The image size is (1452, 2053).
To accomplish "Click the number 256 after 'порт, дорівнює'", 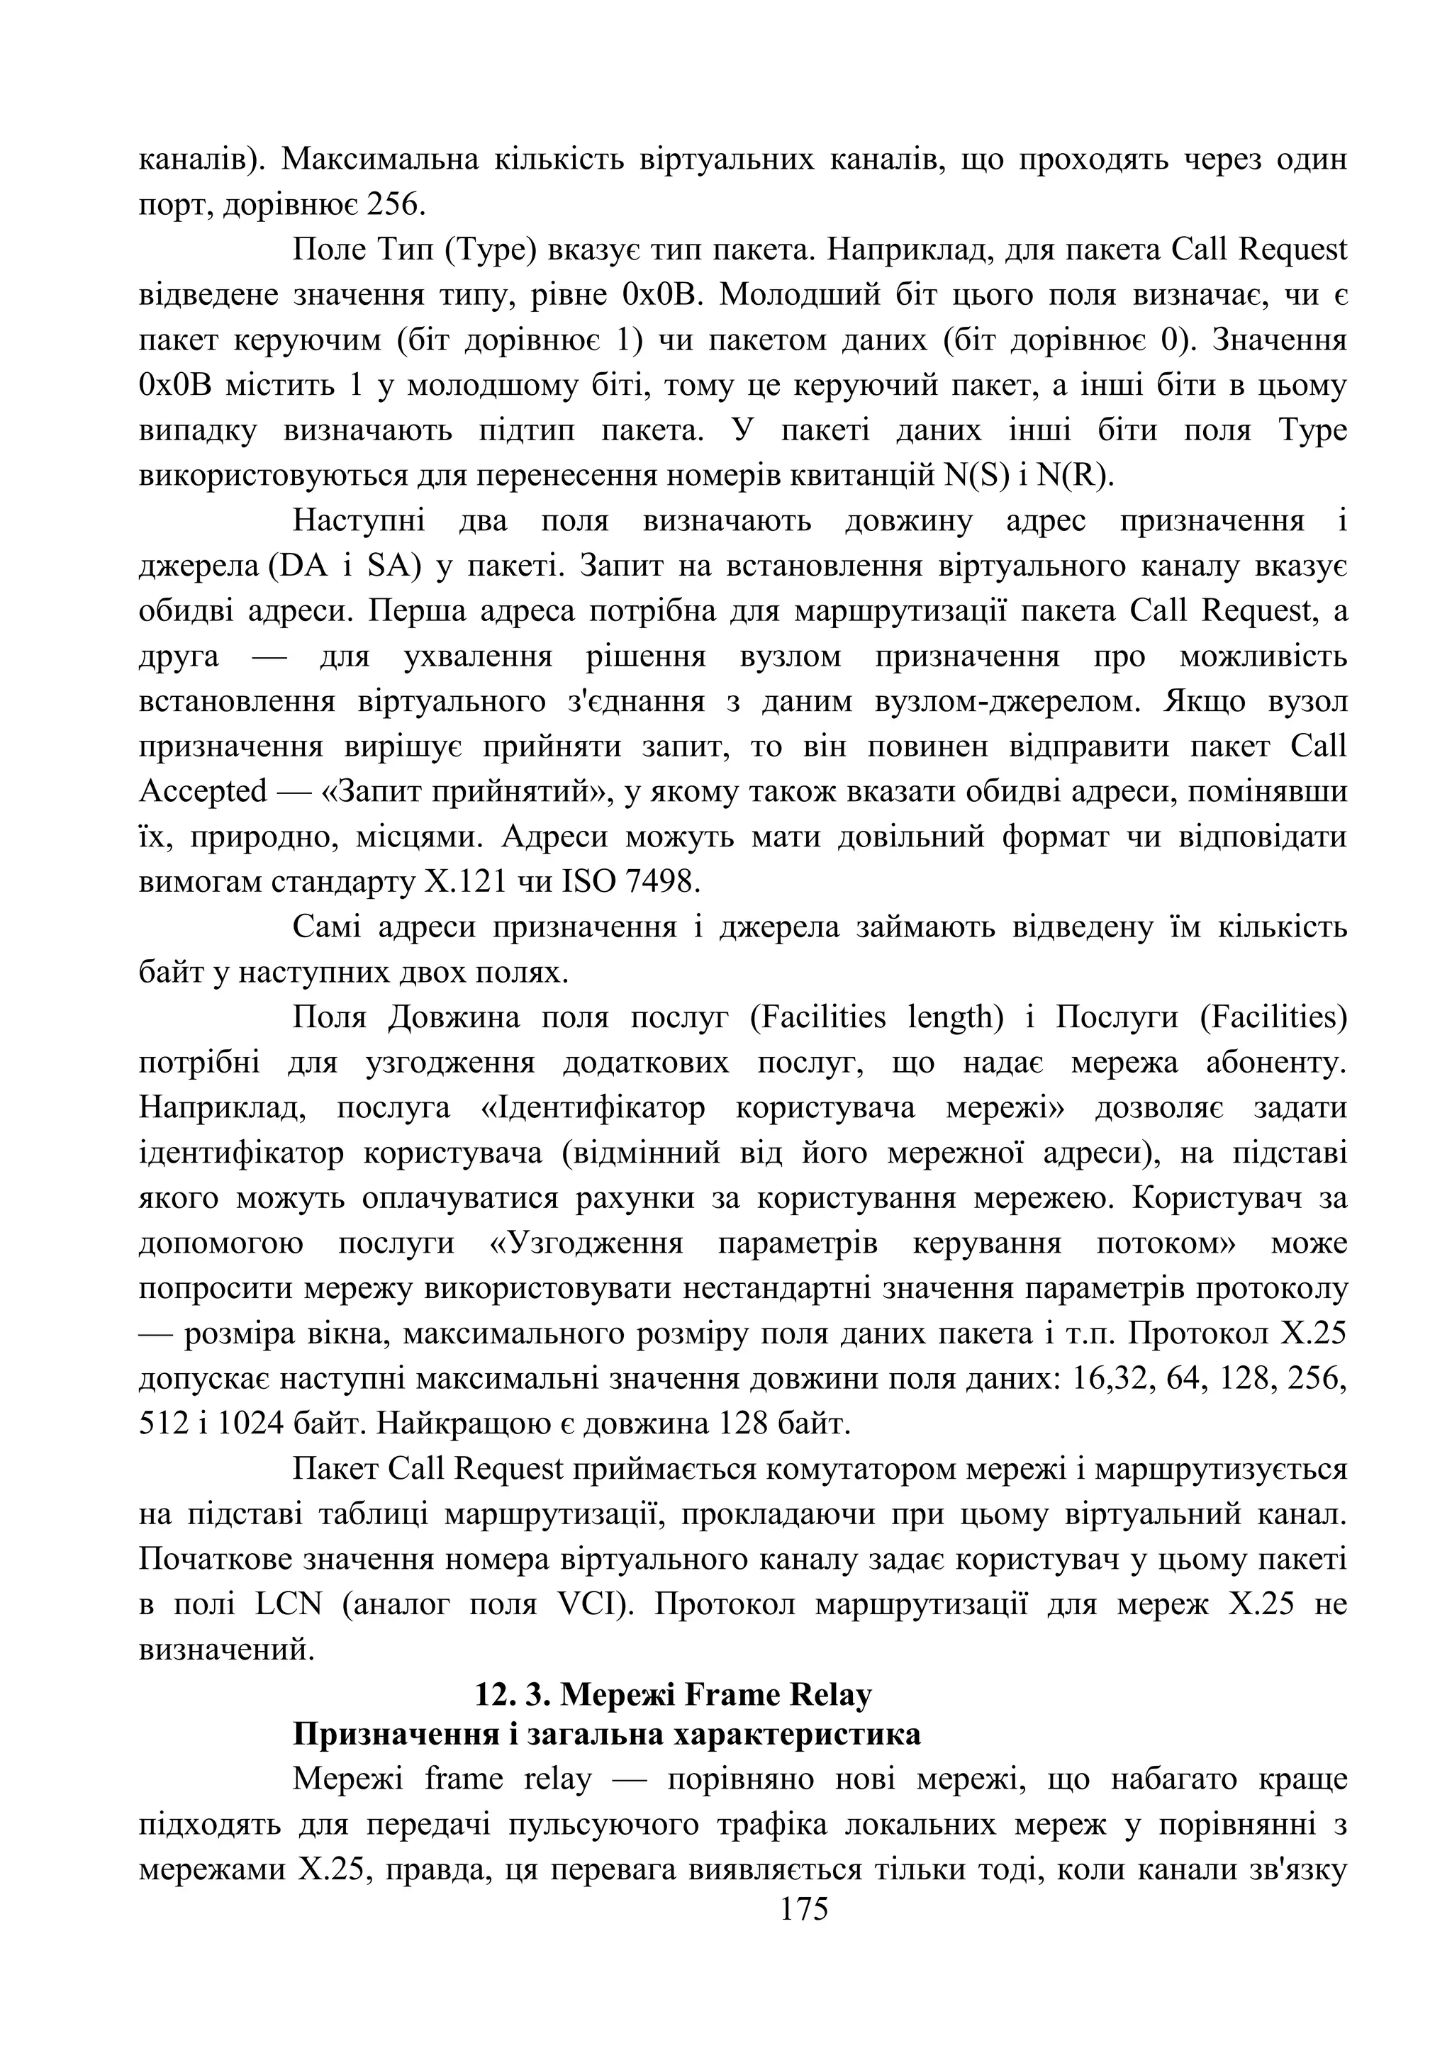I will click(397, 205).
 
